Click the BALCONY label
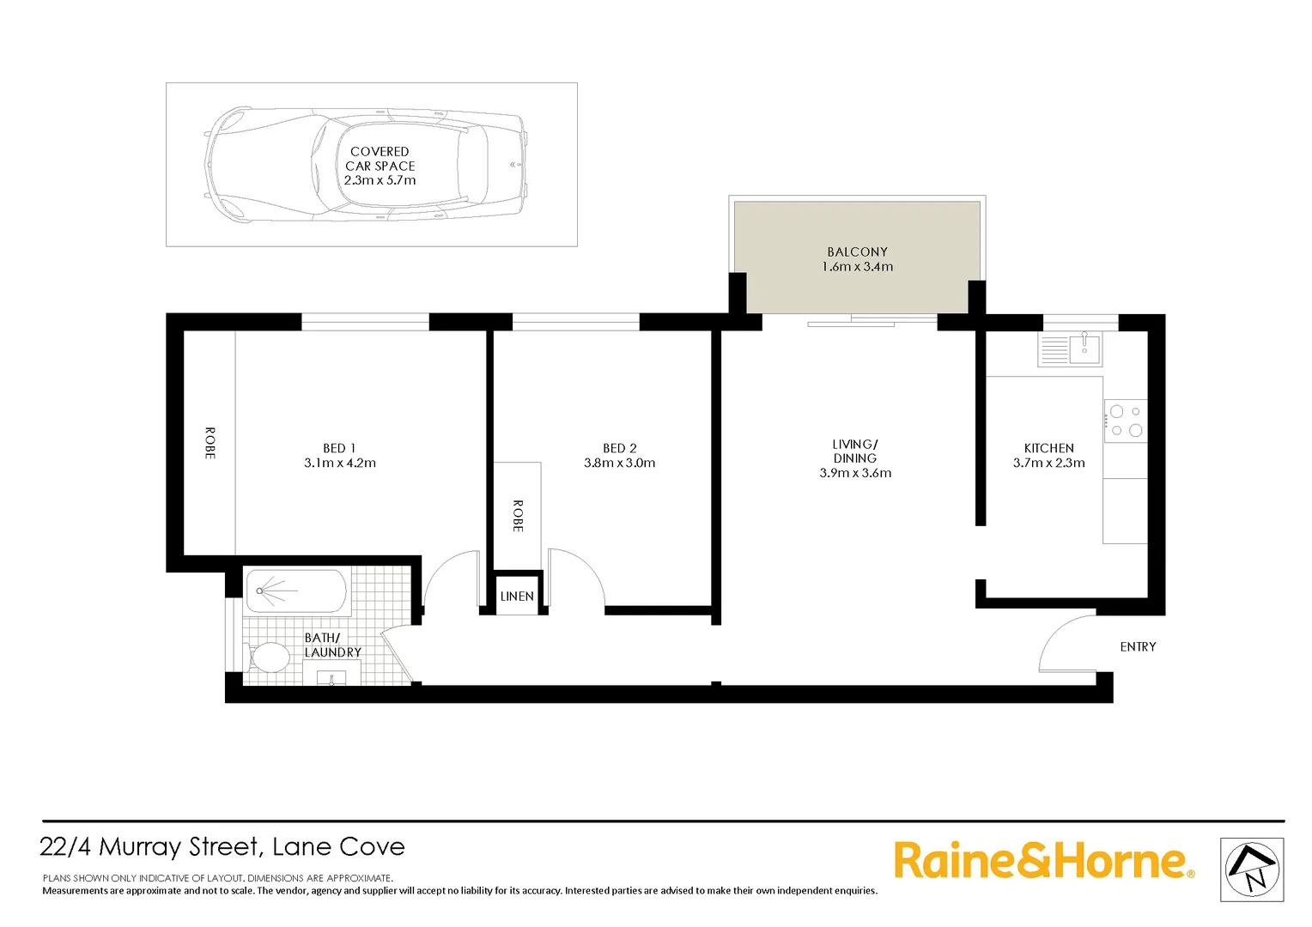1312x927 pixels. (x=857, y=251)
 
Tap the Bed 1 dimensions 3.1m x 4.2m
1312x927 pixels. (x=340, y=463)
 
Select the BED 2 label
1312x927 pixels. (x=619, y=448)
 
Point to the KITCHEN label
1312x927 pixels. (x=1048, y=448)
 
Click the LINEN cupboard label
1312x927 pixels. (x=517, y=597)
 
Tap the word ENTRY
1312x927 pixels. (x=1138, y=646)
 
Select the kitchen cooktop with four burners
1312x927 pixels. (x=1125, y=421)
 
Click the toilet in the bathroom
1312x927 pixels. (x=270, y=658)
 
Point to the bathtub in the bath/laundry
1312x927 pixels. (x=295, y=591)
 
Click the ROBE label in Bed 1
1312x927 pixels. (x=210, y=443)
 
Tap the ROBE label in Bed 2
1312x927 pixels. (x=518, y=516)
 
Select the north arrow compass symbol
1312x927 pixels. (x=1252, y=869)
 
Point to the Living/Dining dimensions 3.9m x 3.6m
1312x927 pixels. (x=855, y=473)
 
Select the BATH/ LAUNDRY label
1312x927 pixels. (x=332, y=645)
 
